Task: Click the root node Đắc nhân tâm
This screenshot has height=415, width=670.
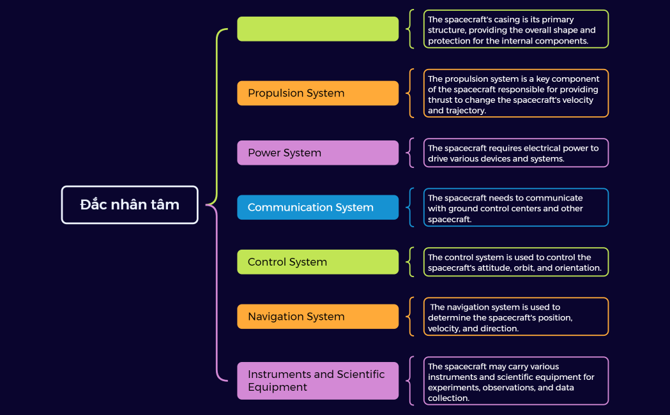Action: pyautogui.click(x=130, y=205)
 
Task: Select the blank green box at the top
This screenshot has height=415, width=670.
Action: pyautogui.click(x=317, y=29)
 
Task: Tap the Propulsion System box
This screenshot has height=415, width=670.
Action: pyautogui.click(x=317, y=93)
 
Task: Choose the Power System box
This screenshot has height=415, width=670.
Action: pyautogui.click(x=317, y=153)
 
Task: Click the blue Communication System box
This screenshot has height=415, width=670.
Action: pyautogui.click(x=317, y=207)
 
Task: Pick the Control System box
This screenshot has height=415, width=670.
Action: pyautogui.click(x=317, y=262)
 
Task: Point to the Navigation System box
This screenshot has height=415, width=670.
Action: pyautogui.click(x=317, y=317)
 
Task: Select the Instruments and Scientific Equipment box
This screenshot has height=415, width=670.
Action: pyautogui.click(x=317, y=381)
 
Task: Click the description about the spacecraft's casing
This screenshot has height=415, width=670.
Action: pyautogui.click(x=516, y=29)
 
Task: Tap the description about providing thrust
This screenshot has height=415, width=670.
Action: pyautogui.click(x=516, y=94)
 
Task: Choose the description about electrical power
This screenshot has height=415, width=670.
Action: pyautogui.click(x=516, y=153)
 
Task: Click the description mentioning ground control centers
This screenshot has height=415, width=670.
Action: pyautogui.click(x=516, y=207)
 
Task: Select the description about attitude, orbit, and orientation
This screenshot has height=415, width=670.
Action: pyautogui.click(x=516, y=262)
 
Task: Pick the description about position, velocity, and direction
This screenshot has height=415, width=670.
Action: pyautogui.click(x=516, y=317)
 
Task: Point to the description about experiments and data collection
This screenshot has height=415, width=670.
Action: pyautogui.click(x=516, y=381)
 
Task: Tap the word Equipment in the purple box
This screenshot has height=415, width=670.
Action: pyautogui.click(x=277, y=388)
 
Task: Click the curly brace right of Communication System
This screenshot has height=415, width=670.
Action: pyautogui.click(x=409, y=207)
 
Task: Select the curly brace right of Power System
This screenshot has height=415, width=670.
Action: pyautogui.click(x=409, y=153)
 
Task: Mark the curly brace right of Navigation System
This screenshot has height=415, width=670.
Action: pyautogui.click(x=409, y=317)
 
